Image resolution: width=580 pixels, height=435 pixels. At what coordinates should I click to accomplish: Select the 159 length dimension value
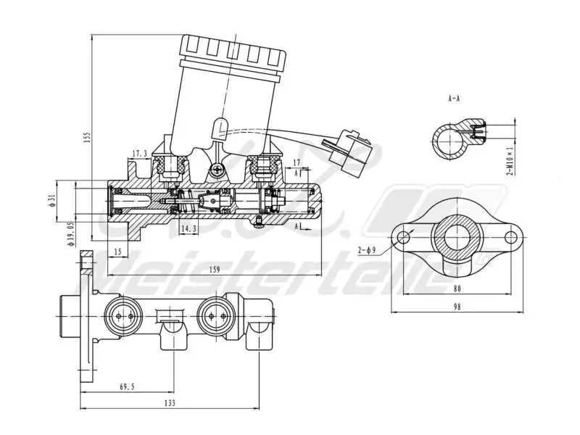(214, 270)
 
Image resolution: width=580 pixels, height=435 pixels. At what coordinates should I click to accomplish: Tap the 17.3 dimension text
(140, 154)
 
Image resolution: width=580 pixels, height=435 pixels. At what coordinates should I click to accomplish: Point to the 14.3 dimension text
(188, 229)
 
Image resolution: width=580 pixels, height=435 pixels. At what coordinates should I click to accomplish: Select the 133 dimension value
(170, 402)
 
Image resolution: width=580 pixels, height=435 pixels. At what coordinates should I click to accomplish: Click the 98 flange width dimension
(457, 306)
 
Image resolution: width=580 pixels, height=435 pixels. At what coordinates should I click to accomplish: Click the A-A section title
(454, 98)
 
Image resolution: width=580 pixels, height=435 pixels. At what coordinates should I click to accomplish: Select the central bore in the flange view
(457, 236)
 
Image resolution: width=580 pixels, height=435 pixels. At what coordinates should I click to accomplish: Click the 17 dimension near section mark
(297, 162)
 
